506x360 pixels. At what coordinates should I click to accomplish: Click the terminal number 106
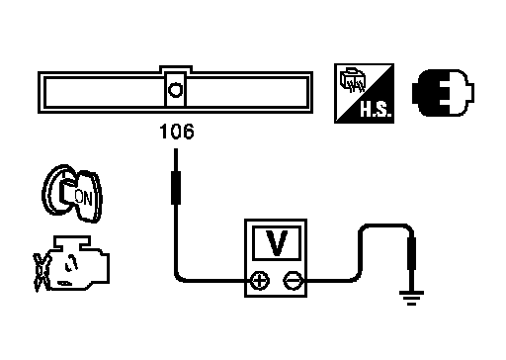[177, 132]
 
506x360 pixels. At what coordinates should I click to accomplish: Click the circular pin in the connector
[175, 90]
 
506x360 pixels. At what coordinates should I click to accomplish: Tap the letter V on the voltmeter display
[277, 243]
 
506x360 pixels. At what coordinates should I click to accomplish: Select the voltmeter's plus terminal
[260, 281]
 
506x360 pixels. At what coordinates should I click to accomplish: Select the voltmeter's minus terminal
[293, 281]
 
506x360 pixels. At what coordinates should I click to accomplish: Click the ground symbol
[411, 298]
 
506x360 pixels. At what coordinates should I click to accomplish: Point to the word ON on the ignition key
[83, 198]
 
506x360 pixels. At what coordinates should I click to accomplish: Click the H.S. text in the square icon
[376, 109]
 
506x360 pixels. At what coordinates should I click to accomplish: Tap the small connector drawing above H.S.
[353, 79]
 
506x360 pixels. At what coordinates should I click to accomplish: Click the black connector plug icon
[443, 93]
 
